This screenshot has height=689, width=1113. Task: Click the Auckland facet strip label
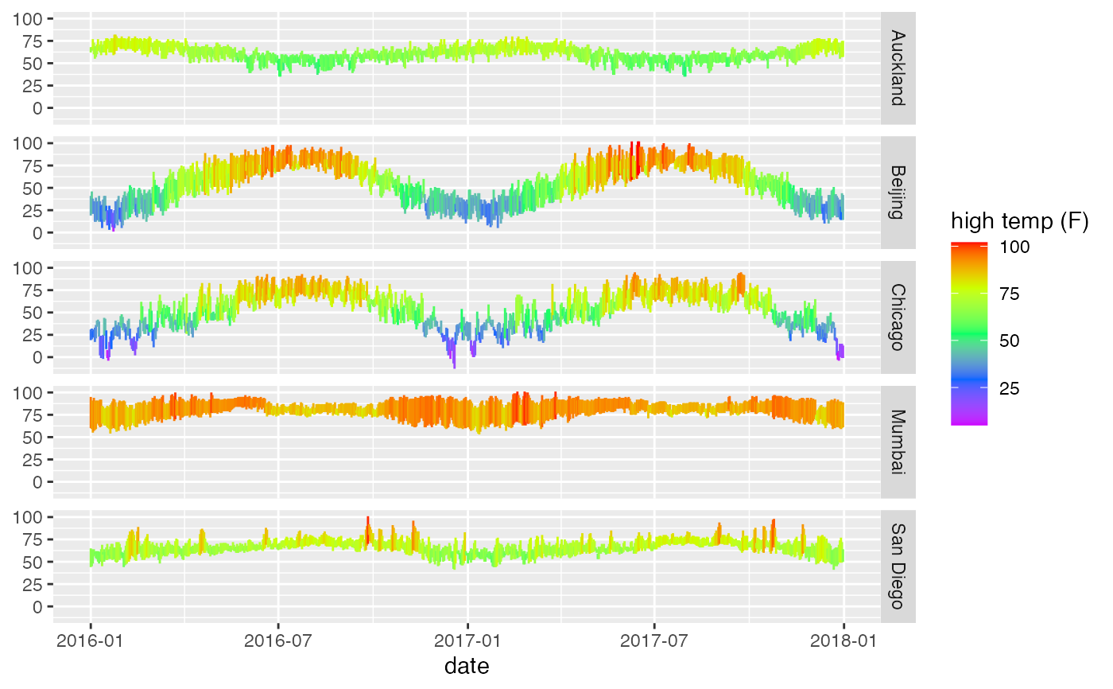coord(898,68)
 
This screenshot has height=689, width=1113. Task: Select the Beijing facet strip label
coord(898,193)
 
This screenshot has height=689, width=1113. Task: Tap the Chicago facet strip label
coord(898,317)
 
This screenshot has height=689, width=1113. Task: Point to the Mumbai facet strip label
coord(898,442)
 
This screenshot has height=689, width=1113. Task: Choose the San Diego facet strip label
coord(898,566)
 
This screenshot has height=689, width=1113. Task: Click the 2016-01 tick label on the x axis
coord(90,641)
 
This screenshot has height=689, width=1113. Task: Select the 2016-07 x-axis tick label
coord(278,641)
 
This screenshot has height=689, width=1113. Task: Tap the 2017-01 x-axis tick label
coord(467,641)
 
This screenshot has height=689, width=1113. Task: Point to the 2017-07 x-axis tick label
coord(654,641)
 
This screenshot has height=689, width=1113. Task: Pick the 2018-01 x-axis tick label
coord(843,641)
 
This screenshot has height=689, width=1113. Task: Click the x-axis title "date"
coord(467,666)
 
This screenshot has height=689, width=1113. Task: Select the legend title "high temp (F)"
coord(1019,223)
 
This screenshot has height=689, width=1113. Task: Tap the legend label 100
coord(1014,247)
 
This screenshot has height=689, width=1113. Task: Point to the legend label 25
coord(1010,389)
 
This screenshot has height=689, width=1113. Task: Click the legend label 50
coord(1010,341)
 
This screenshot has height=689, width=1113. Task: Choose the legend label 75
coord(1010,294)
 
